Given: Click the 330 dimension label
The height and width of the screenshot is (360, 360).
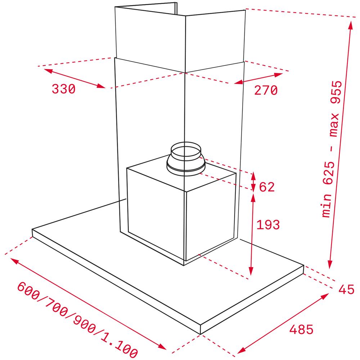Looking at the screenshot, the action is [64, 89].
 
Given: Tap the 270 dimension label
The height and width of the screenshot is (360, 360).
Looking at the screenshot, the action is [266, 90].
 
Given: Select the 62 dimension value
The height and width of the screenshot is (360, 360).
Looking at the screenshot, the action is [267, 187].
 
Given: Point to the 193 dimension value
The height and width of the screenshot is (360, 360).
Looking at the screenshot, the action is [268, 225].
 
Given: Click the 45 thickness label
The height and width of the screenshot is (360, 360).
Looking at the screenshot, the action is [346, 289].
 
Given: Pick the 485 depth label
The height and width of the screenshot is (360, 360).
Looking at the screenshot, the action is [301, 329].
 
